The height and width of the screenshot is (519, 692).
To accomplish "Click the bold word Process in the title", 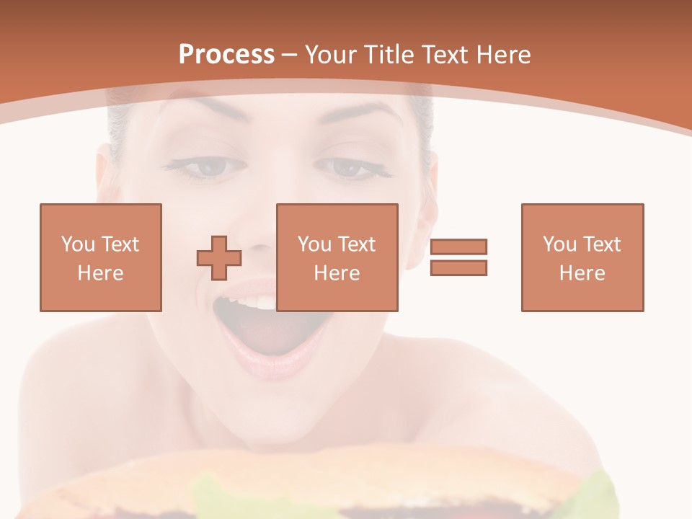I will (226, 55).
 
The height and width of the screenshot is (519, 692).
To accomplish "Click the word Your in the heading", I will (329, 55).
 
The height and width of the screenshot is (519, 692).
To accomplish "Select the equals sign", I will (458, 257).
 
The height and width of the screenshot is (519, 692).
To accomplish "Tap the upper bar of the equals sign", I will (458, 247).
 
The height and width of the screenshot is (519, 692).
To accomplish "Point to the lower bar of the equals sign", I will (458, 268).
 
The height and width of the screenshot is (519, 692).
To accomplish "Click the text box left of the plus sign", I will (100, 257).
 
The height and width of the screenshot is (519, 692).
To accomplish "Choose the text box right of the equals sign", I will (582, 257).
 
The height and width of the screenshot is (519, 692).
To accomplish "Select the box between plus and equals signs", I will (337, 257).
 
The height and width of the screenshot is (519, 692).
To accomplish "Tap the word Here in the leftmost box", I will (100, 273).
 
